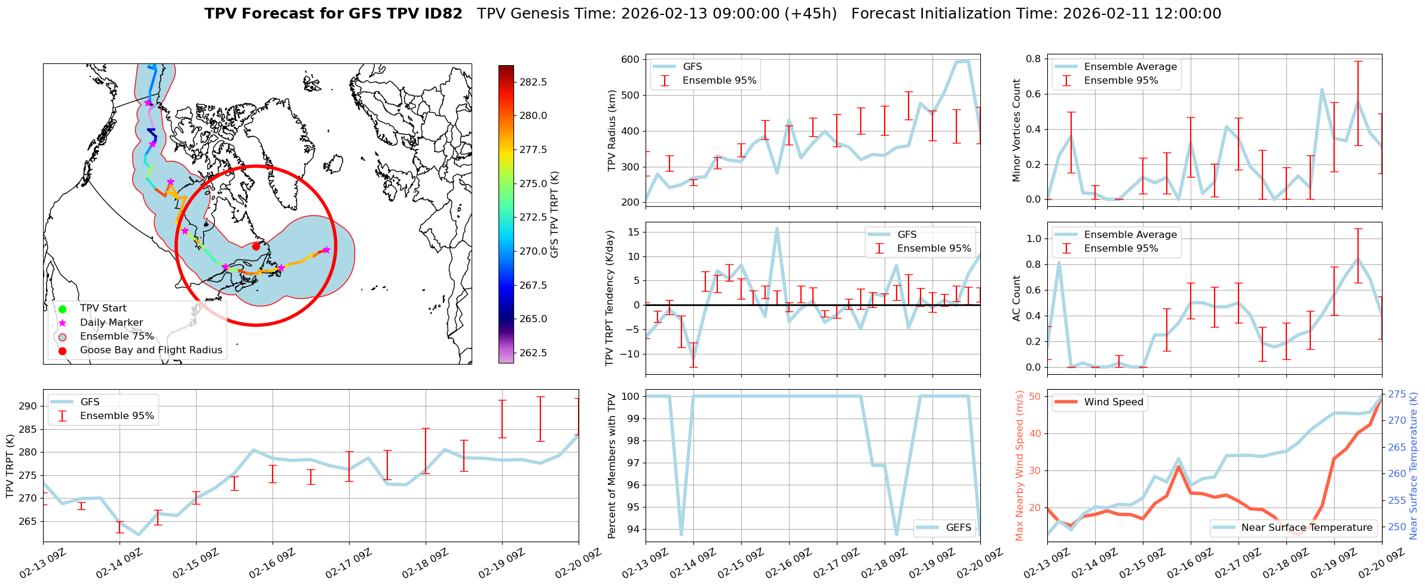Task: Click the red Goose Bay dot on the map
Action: coord(256,246)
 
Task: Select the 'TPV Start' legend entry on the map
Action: coord(103,308)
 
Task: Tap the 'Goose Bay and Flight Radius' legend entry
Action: coord(151,350)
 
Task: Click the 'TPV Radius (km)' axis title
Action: coord(611,130)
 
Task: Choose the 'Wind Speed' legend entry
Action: coord(1113,402)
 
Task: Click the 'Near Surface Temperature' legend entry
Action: coord(1307,527)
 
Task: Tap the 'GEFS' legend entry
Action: coord(958,527)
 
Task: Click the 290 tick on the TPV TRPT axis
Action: coord(29,406)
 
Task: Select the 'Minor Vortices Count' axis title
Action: coord(1017,130)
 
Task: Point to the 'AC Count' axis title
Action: coord(1017,298)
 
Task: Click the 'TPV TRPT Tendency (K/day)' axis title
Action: coord(610,298)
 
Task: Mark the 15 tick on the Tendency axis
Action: coord(634,232)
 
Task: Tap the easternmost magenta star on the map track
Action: coord(326,250)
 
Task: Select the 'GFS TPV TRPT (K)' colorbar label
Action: coord(554,214)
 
